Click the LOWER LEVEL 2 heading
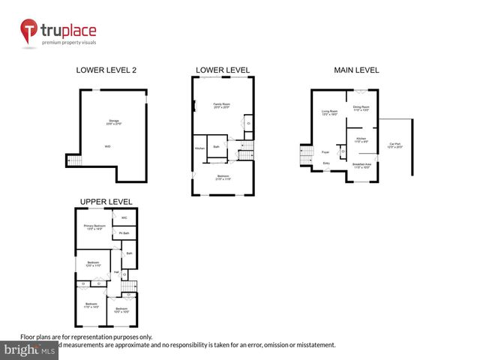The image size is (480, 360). point(106,70)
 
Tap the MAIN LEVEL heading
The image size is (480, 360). point(356,70)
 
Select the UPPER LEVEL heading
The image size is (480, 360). point(106,202)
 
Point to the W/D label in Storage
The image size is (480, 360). point(108,146)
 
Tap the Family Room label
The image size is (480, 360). point(221,105)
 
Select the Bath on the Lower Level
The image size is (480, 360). point(217,146)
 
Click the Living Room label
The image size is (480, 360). point(329,112)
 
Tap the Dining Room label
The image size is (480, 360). point(361,107)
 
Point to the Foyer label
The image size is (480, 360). point(326,151)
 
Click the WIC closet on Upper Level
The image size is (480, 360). point(124,218)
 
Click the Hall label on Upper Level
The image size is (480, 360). point(117,271)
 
